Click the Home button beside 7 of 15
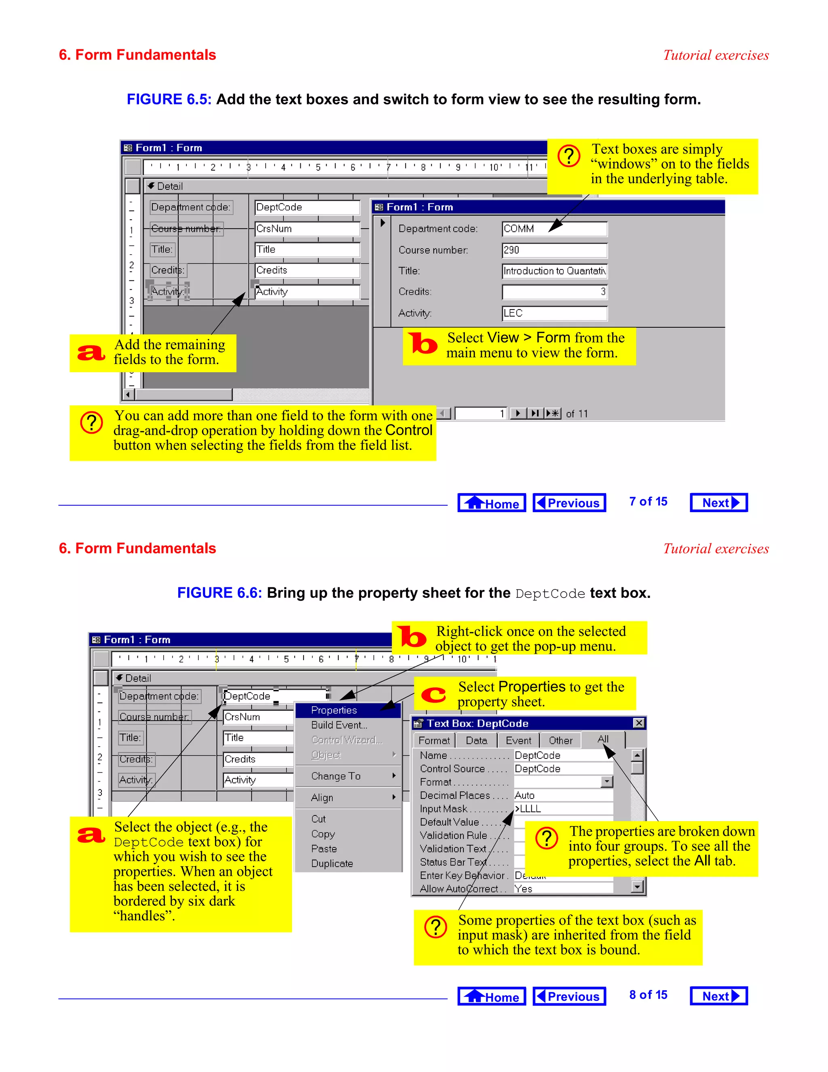(x=492, y=502)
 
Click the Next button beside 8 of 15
(x=718, y=996)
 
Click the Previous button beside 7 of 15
(x=569, y=502)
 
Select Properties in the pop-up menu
(x=334, y=710)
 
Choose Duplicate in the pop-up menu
(x=332, y=863)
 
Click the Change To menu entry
(x=336, y=776)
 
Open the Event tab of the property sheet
(x=518, y=740)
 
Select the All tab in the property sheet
(x=603, y=739)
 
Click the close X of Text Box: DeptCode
(x=639, y=723)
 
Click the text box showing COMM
(x=554, y=229)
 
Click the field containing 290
(x=554, y=250)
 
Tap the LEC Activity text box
(x=554, y=313)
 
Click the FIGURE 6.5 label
(x=169, y=99)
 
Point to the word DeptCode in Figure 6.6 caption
(x=550, y=593)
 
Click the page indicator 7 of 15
(x=648, y=502)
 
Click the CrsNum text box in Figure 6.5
(x=307, y=229)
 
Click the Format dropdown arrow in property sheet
(x=607, y=782)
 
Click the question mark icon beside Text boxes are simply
(x=569, y=156)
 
